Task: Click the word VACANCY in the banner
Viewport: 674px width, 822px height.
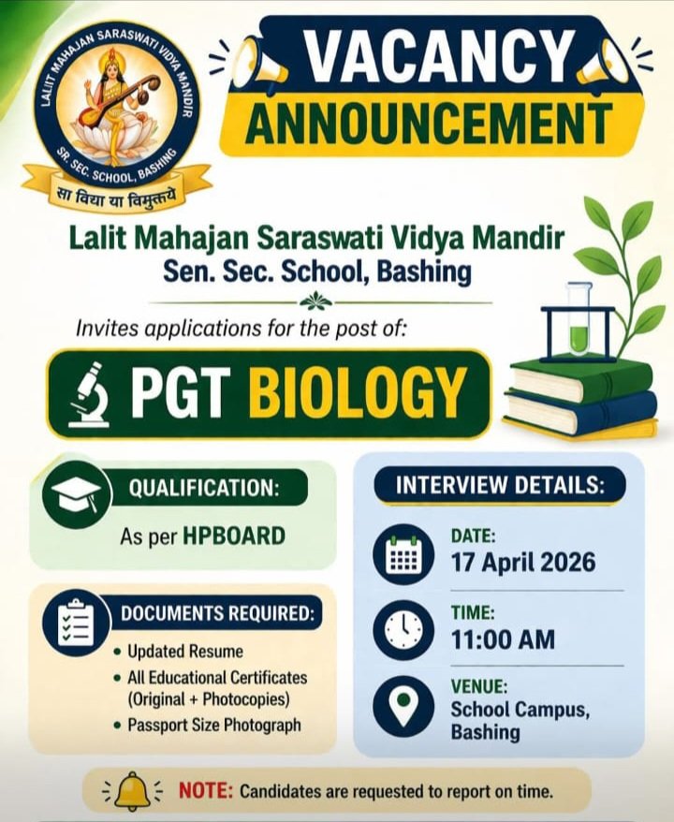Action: (x=437, y=55)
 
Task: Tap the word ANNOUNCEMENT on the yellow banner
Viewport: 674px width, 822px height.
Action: (x=429, y=125)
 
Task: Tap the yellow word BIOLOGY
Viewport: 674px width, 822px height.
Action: (x=358, y=391)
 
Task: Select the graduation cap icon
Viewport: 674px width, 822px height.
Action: (x=77, y=493)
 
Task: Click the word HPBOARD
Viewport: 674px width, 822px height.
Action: (x=234, y=536)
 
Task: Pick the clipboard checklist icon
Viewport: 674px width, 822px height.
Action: (x=77, y=624)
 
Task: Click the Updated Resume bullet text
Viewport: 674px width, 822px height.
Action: (x=185, y=651)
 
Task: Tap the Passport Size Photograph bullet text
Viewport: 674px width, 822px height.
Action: (x=214, y=725)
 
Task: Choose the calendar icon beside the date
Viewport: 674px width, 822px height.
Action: (x=403, y=554)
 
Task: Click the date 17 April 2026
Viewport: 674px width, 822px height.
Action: (x=523, y=562)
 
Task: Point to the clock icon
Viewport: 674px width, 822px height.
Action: (x=403, y=629)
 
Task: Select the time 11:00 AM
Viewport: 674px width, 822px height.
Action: (x=503, y=639)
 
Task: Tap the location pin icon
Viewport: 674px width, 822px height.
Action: (x=403, y=706)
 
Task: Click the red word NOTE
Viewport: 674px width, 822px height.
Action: (x=205, y=790)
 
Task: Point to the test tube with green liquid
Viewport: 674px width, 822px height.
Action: (x=579, y=320)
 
